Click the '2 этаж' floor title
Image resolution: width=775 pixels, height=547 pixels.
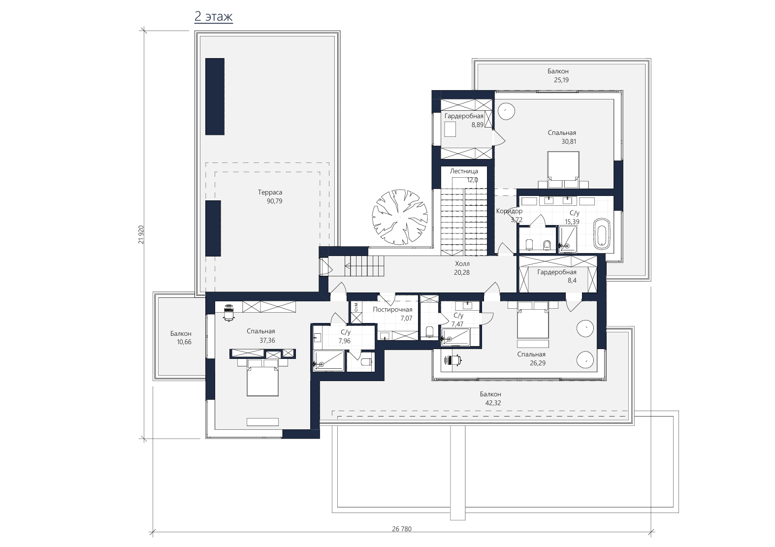[x=214, y=16]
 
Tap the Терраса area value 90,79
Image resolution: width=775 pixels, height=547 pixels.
[x=274, y=201]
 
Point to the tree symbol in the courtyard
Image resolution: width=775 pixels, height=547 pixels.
[x=400, y=217]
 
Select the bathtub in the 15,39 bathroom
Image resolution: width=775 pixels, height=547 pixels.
[x=602, y=233]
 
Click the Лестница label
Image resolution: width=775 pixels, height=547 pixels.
[x=464, y=171]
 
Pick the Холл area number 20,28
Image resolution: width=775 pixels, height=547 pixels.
[x=462, y=273]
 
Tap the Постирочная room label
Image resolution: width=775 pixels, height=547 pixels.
[x=393, y=310]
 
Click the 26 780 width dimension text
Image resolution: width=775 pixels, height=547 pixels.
[x=402, y=529]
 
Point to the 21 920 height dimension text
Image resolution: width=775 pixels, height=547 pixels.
[x=141, y=234]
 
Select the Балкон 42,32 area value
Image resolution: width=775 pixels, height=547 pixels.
[x=493, y=403]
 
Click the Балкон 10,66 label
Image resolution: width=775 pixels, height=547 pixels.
[x=181, y=334]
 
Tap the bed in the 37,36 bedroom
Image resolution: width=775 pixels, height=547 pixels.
[x=262, y=378]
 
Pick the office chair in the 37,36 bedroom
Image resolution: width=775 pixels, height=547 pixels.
[x=228, y=313]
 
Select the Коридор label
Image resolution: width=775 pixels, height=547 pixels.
[x=509, y=211]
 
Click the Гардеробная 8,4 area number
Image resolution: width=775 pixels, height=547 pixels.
[x=572, y=281]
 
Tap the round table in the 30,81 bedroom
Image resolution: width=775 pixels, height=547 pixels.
[x=506, y=111]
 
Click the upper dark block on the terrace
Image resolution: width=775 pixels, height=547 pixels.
[x=215, y=96]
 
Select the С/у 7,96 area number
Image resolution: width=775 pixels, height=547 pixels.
[x=345, y=341]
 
